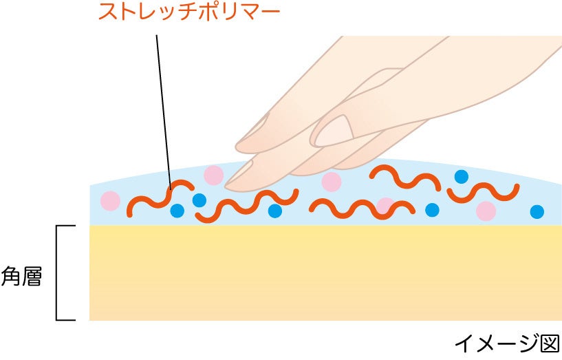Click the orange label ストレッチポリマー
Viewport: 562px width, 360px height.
(188, 12)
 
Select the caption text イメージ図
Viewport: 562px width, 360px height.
(507, 343)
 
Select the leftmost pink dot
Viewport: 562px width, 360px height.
(110, 201)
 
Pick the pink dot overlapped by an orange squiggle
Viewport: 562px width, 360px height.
(385, 206)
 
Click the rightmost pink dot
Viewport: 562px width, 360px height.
(486, 211)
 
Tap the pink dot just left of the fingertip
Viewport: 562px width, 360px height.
(213, 175)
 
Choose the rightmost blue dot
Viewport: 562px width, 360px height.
(537, 211)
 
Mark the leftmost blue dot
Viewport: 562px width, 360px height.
(177, 210)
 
